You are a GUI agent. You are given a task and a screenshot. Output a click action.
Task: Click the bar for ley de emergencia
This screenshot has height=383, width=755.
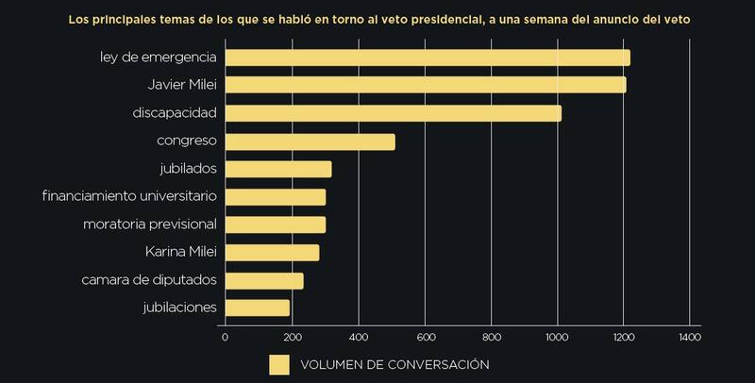[x=428, y=58]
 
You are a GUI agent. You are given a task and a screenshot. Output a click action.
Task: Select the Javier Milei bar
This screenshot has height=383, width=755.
[x=426, y=85]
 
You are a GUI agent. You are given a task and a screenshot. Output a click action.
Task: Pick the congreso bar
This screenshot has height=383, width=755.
[x=310, y=142]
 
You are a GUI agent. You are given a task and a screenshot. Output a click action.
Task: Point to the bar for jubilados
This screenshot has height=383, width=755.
[x=278, y=169]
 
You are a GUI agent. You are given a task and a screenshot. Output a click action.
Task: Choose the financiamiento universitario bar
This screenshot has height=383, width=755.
[x=276, y=196]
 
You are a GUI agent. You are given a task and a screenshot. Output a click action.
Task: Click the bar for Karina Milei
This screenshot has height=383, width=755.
[x=272, y=253]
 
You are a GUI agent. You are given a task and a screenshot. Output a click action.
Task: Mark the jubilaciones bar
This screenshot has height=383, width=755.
[x=258, y=308]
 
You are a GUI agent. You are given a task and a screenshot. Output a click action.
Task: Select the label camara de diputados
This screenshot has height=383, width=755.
[x=147, y=280]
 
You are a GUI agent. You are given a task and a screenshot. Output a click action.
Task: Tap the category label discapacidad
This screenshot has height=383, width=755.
[x=176, y=113]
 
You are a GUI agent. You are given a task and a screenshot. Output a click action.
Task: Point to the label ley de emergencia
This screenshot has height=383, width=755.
[x=159, y=58]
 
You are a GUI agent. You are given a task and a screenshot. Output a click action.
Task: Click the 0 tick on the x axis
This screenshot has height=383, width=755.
[x=225, y=335]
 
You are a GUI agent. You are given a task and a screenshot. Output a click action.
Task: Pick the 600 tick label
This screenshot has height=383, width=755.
[x=425, y=335]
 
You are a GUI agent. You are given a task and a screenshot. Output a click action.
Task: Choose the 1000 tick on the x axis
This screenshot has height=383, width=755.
[x=557, y=335]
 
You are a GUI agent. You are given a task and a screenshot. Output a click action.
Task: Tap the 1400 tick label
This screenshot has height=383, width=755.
[x=690, y=335]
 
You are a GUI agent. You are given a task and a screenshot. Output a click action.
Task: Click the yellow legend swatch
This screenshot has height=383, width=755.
[x=279, y=364]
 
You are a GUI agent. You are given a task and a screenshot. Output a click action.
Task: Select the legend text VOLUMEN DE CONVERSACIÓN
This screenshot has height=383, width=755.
[x=394, y=364]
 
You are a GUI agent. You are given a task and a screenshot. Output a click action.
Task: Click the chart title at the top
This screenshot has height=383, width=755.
[x=377, y=18]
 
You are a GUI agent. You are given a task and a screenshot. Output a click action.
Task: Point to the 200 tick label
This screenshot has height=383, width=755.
[x=292, y=335]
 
